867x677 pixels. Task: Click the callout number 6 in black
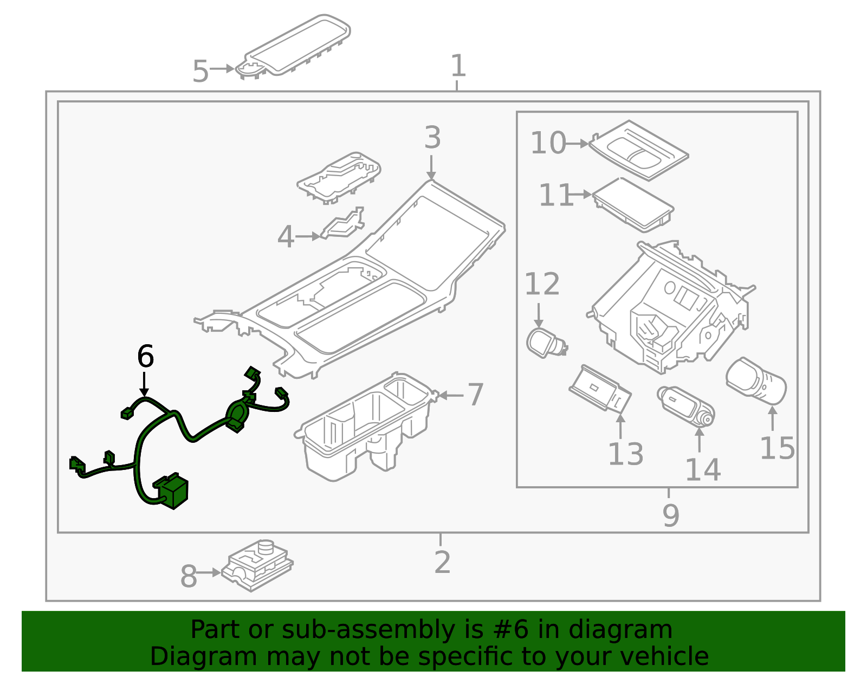click(145, 357)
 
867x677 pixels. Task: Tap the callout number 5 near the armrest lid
click(200, 71)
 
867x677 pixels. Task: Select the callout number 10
click(548, 143)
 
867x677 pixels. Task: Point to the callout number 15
click(777, 448)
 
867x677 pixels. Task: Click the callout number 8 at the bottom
click(189, 576)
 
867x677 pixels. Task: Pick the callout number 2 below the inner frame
click(442, 562)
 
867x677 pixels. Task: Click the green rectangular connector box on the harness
click(172, 492)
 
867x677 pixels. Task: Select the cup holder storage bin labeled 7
click(363, 428)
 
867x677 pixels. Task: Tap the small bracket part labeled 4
click(342, 226)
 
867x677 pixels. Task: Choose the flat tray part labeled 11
click(632, 203)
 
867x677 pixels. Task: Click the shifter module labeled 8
click(257, 565)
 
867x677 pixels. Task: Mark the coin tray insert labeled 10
click(638, 150)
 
